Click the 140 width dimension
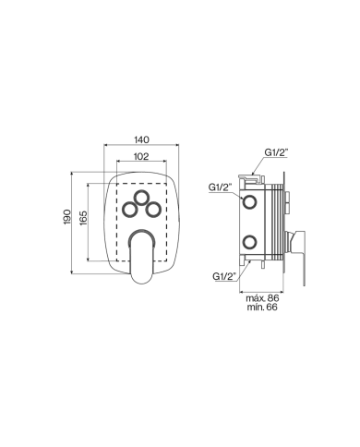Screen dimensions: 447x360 click(142, 139)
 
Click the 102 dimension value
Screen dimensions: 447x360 click(141, 157)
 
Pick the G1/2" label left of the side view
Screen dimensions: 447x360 click(220, 187)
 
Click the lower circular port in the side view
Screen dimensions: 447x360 click(249, 242)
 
